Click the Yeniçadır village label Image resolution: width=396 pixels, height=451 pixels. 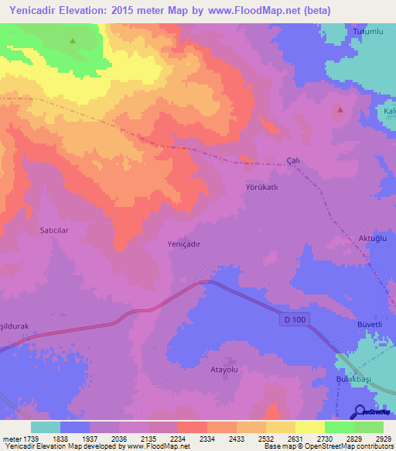[x=184, y=243]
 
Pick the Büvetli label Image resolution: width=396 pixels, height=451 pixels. [x=370, y=323]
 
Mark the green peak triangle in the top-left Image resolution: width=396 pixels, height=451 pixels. [x=73, y=41]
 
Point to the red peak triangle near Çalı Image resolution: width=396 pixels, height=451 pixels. [x=339, y=109]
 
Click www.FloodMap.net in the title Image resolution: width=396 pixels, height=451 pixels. [x=261, y=11]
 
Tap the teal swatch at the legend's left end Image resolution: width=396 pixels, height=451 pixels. [x=45, y=426]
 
